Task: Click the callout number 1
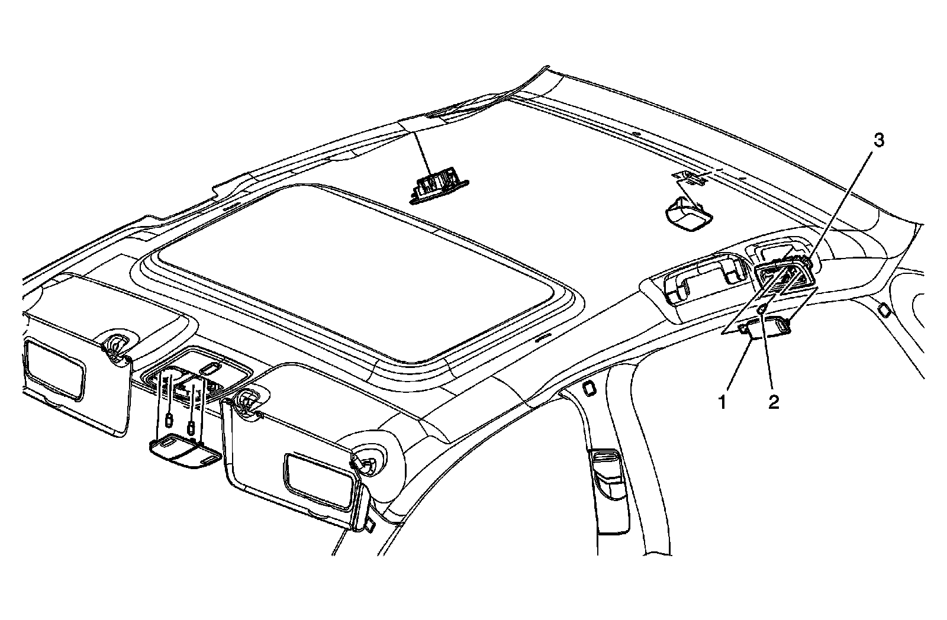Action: pyautogui.click(x=722, y=403)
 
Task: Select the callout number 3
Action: pyautogui.click(x=880, y=141)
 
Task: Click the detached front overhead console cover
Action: pyautogui.click(x=184, y=453)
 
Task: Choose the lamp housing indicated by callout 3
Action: pyautogui.click(x=784, y=278)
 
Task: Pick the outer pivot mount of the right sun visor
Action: pyautogui.click(x=367, y=460)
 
